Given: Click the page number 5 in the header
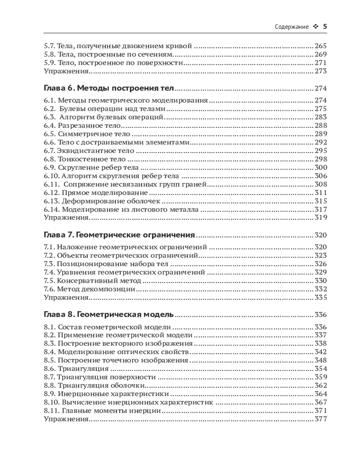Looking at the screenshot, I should [325, 27].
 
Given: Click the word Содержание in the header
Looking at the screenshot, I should [291, 27].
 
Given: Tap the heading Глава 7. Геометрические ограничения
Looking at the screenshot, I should [119, 235].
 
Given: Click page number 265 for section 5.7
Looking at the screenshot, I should [320, 46].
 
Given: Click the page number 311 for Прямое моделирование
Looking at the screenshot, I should [320, 193].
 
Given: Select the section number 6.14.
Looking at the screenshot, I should [51, 210].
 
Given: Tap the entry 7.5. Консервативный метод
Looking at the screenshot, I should [92, 281].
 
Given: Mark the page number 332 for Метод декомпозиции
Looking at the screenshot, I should [320, 289].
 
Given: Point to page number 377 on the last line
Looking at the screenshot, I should [320, 419].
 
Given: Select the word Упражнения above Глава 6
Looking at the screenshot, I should [66, 71].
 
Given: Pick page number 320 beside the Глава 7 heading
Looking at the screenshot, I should [320, 235].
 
